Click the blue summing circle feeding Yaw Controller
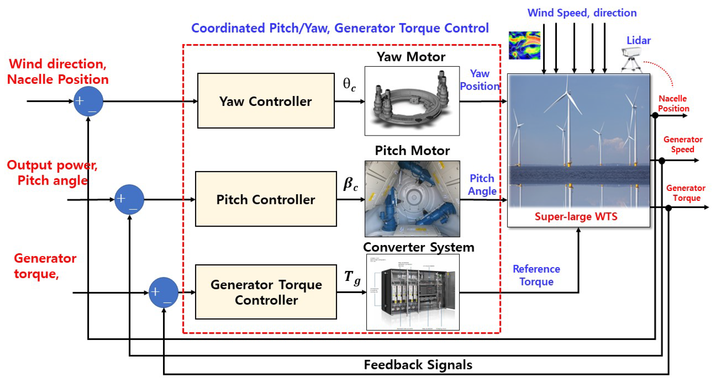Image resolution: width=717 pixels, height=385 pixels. [88, 101]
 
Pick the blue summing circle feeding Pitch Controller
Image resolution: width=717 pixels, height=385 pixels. [129, 199]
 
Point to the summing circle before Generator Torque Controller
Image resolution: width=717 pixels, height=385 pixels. [163, 292]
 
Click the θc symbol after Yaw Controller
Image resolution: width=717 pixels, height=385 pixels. [349, 85]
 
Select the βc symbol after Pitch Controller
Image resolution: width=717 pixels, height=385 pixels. [350, 184]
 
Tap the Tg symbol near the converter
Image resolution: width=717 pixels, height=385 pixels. [352, 278]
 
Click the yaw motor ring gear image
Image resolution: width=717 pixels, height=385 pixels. [412, 101]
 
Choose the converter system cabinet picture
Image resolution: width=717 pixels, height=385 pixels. [413, 292]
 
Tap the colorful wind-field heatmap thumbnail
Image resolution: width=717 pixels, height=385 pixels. [524, 45]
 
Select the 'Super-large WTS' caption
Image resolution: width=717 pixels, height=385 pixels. [576, 216]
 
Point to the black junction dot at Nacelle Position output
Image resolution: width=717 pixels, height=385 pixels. [655, 115]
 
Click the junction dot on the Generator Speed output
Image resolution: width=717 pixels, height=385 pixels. [662, 160]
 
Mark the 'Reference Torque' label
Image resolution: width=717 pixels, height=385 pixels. [536, 275]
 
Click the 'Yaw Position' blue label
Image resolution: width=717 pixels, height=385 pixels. [480, 80]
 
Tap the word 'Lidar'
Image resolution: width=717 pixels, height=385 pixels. [638, 41]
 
